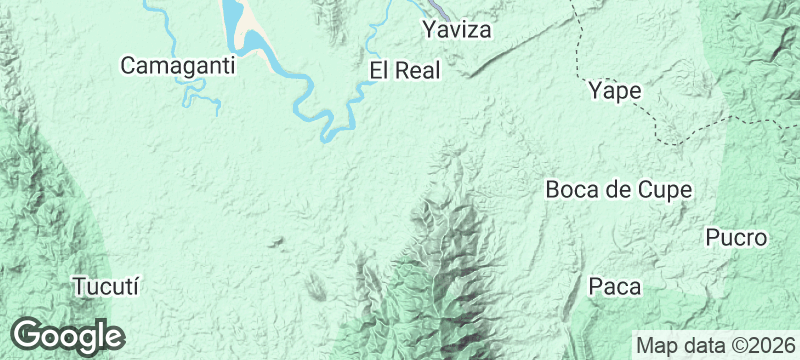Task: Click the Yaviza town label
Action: (x=457, y=30)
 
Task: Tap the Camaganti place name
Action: (x=177, y=66)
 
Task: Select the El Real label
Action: (x=405, y=70)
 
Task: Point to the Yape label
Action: (x=615, y=91)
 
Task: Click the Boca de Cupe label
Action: (x=619, y=189)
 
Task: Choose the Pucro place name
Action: (x=736, y=238)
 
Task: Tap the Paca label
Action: (x=614, y=287)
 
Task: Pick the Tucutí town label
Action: (x=104, y=286)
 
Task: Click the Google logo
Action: (x=67, y=335)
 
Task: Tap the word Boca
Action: (x=571, y=189)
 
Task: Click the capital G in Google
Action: (x=28, y=335)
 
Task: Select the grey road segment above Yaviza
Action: (x=426, y=5)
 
